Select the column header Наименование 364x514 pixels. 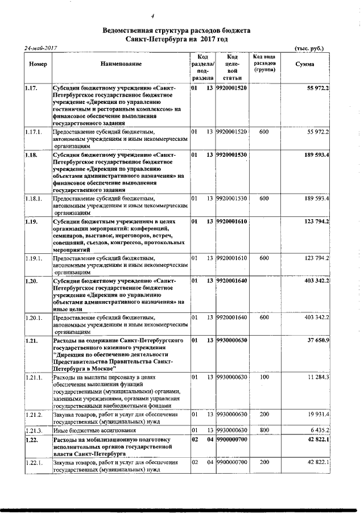120,65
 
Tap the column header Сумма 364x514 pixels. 305,65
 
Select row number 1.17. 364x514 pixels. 32,89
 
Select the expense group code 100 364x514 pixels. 264,377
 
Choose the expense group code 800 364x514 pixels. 264,431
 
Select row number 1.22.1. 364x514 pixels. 35,463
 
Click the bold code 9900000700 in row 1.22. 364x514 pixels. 231,440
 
